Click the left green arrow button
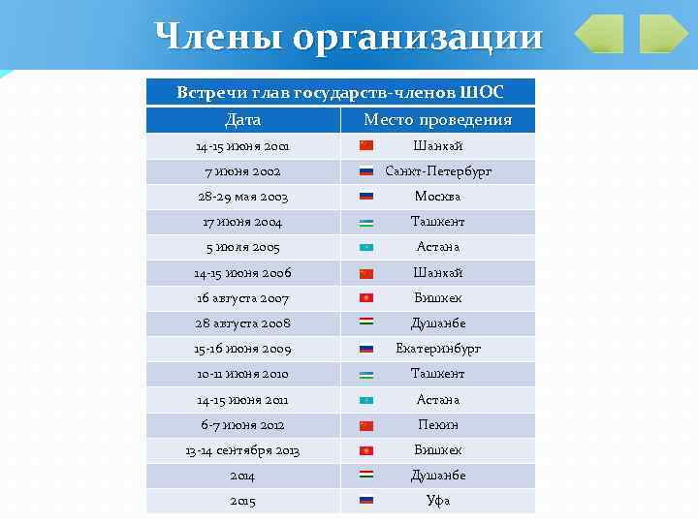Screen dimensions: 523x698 599,35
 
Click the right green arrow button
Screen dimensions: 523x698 663,35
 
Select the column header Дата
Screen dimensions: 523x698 242,120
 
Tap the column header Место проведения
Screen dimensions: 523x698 437,120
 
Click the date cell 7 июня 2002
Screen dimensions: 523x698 242,171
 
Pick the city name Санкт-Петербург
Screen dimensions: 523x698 438,171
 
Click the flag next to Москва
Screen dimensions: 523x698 366,197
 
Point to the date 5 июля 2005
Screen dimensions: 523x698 242,247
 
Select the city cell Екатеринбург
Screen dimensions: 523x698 438,349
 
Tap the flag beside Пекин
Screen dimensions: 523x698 366,425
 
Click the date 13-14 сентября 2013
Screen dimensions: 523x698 242,450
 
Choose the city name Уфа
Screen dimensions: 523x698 438,501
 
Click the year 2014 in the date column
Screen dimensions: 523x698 242,476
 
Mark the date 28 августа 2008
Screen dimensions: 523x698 242,323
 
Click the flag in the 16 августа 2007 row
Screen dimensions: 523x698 366,298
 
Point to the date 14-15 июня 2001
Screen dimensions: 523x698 242,146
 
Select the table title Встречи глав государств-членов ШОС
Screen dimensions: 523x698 340,93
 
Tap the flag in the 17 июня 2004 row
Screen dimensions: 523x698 366,222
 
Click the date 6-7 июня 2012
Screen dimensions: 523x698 242,425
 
